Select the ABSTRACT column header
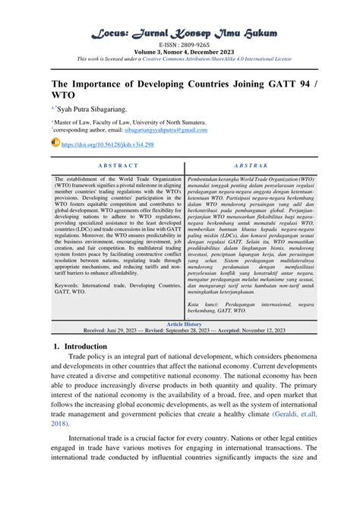click(x=118, y=165)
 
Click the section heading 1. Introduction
click(x=81, y=346)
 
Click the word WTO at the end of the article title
click(x=68, y=96)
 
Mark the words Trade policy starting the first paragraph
click(x=87, y=357)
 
